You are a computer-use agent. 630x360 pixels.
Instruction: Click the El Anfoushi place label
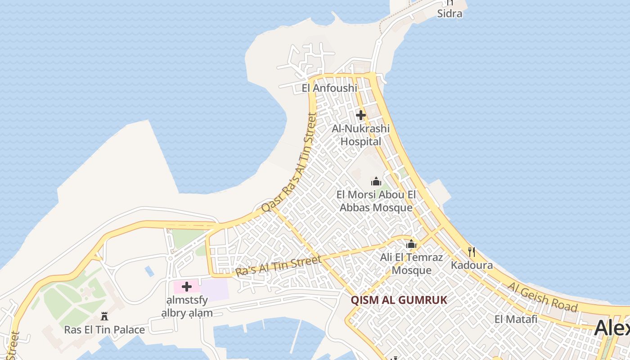329,88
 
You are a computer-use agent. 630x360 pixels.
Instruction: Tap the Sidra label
450,13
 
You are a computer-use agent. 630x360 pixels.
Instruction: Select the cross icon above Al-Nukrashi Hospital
360,115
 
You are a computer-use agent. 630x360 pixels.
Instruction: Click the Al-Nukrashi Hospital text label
360,135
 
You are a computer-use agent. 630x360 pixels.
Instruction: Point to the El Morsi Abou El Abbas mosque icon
376,181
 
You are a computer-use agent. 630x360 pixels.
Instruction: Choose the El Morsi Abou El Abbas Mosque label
376,201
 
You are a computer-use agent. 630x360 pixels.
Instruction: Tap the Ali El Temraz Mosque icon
411,244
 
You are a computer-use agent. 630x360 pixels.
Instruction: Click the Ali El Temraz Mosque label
411,264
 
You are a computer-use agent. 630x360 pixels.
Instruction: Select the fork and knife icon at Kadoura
472,252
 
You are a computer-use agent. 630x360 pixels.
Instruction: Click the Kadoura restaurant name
472,265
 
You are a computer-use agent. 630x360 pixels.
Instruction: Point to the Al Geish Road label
542,297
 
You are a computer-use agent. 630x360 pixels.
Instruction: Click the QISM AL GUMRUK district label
399,300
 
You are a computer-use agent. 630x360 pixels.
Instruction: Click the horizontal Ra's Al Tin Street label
279,266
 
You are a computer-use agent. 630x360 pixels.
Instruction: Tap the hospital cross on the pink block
186,287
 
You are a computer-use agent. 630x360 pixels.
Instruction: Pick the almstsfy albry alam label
187,306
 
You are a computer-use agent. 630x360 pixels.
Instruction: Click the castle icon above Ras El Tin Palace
104,316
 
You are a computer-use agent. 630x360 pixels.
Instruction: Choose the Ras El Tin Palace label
104,329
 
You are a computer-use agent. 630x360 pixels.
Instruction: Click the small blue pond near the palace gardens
149,271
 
